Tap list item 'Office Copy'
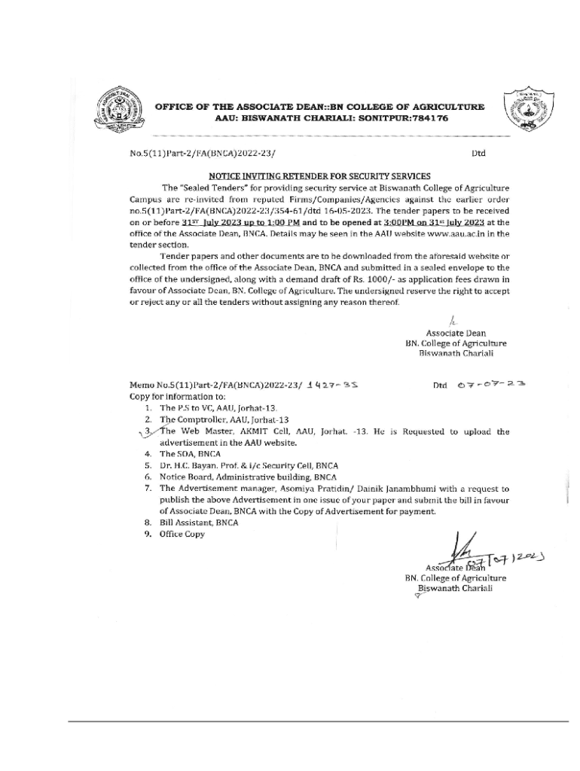click(182, 534)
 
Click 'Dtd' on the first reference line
click(478, 154)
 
